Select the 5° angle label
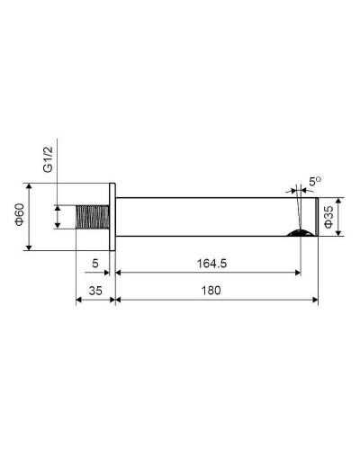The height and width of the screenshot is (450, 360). [x=315, y=182]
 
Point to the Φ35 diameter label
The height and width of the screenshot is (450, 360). [x=328, y=217]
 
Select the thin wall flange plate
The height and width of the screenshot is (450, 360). [x=112, y=217]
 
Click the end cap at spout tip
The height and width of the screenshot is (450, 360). [x=316, y=217]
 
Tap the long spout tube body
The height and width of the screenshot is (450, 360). [x=207, y=217]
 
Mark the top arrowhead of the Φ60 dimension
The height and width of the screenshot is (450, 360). [x=31, y=187]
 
